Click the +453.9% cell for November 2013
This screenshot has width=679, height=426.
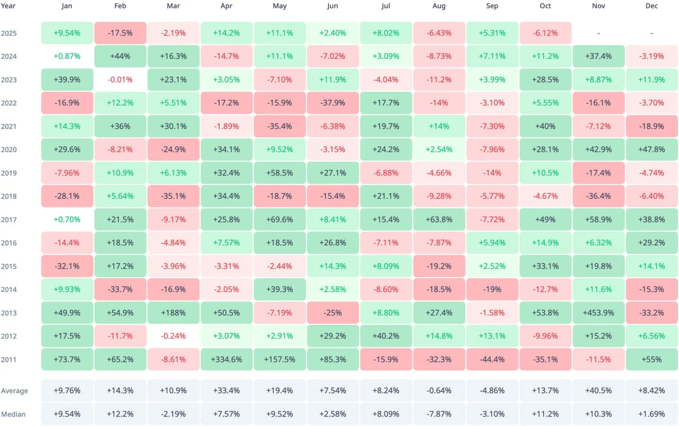pos(598,313)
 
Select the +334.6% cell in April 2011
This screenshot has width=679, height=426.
pos(227,359)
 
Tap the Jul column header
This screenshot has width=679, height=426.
pos(386,6)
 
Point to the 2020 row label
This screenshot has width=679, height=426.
pos(9,149)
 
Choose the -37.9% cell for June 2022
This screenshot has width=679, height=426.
pos(333,103)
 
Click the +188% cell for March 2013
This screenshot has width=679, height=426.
pos(173,313)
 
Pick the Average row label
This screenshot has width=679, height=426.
pos(14,390)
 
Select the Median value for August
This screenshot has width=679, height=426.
pos(439,414)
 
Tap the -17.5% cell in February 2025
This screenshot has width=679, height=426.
pos(120,33)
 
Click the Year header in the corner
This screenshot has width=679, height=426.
pos(8,6)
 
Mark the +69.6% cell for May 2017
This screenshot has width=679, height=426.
pos(280,219)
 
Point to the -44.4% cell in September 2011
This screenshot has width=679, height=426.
pos(492,359)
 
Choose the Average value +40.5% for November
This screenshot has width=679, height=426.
pos(598,390)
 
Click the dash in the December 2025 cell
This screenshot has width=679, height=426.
pos(651,33)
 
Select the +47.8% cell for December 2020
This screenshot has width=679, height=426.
pos(651,149)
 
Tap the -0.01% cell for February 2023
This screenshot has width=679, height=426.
pos(120,79)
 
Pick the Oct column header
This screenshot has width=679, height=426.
pos(545,6)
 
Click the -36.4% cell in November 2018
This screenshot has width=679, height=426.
pos(598,196)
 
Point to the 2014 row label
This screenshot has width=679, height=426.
pos(9,289)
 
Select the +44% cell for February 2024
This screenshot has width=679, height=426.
pos(120,56)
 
